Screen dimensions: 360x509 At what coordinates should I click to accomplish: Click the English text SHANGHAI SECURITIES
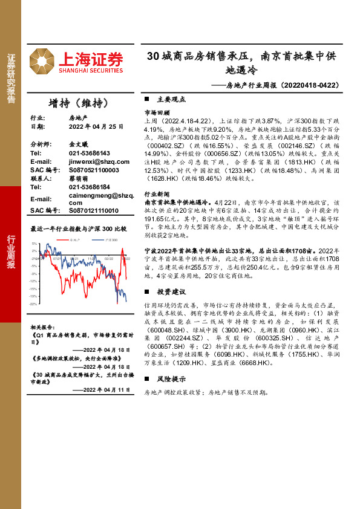pyautogui.click(x=91, y=71)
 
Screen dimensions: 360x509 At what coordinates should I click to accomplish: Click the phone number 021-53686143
pyautogui.click(x=90, y=154)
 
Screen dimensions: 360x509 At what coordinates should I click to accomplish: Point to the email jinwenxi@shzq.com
pyautogui.click(x=99, y=162)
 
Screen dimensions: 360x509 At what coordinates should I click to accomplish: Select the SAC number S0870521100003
pyautogui.click(x=94, y=170)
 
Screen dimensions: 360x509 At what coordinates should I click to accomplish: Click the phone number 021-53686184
pyautogui.click(x=90, y=187)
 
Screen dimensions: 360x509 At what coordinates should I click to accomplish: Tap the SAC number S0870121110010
pyautogui.click(x=94, y=210)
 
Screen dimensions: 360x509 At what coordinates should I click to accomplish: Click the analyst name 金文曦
pyautogui.click(x=79, y=145)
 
